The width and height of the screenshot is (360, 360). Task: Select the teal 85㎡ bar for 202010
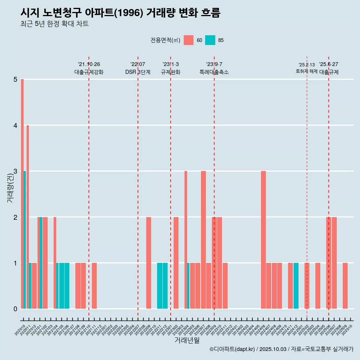(25, 240)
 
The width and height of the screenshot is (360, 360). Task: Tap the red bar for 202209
(148, 263)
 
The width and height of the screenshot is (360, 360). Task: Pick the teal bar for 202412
(296, 286)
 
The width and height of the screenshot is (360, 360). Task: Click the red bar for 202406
(263, 240)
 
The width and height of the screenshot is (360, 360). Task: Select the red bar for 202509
(345, 286)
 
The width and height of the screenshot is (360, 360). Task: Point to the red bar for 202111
(94, 286)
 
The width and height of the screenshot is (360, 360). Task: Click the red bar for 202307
(203, 240)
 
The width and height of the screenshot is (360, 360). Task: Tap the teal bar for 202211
(159, 286)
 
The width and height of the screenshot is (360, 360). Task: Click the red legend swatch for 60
(189, 40)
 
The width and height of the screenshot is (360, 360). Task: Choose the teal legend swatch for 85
(210, 40)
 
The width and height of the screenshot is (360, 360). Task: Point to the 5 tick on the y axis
(15, 79)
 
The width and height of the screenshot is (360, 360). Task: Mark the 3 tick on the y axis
(15, 171)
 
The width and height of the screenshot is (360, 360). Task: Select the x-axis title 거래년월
(187, 340)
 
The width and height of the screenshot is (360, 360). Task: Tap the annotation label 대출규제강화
(89, 72)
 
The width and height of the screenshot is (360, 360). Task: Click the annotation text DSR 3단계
(138, 72)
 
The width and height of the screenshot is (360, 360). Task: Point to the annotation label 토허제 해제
(306, 71)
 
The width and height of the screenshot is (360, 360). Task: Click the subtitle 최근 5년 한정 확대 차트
(54, 24)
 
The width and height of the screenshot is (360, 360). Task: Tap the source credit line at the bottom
(281, 349)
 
